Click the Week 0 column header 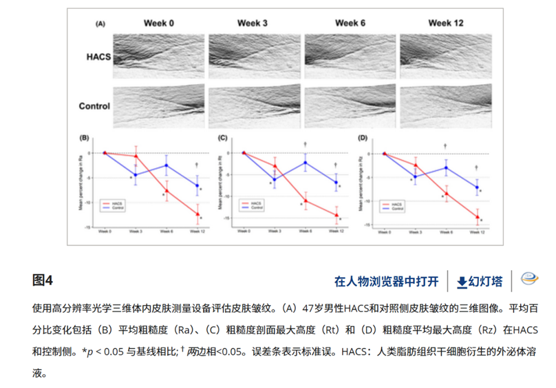click(x=158, y=23)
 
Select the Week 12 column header click(x=446, y=23)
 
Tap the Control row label click(x=95, y=106)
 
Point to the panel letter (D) click(x=364, y=138)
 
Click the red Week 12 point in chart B click(x=197, y=214)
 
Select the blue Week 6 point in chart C click(x=306, y=163)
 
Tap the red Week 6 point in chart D click(x=445, y=194)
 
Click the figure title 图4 click(x=43, y=280)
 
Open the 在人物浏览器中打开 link click(x=386, y=281)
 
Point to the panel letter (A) click(x=100, y=23)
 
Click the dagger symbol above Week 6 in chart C click(x=306, y=145)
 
